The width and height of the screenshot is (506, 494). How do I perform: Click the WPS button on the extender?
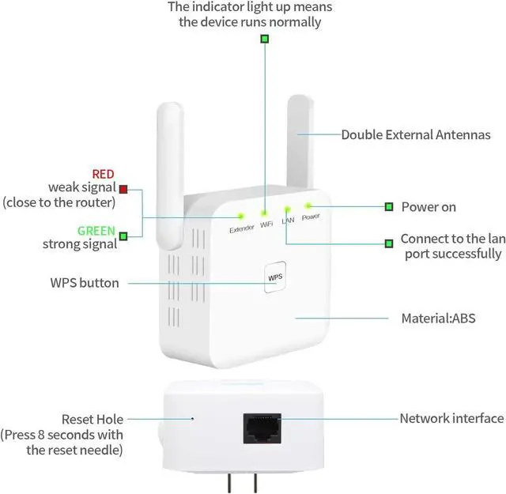pos(274,277)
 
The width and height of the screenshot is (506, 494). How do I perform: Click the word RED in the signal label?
pos(103,174)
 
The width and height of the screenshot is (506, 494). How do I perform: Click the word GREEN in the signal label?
pos(96,232)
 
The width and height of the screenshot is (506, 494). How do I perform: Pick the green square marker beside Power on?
pos(388,207)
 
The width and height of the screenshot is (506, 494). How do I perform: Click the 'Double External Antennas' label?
pos(416,135)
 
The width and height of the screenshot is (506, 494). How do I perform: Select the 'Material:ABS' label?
pos(438,319)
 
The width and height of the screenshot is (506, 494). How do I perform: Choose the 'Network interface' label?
pos(451,419)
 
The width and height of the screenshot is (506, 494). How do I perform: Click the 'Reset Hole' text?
pos(93,419)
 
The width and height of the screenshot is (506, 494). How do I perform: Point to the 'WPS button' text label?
pos(85,283)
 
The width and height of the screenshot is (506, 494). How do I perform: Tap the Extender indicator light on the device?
pos(240,215)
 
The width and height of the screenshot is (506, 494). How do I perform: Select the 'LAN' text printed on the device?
pos(288,221)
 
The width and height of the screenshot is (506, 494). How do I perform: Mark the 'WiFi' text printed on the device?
pos(266,225)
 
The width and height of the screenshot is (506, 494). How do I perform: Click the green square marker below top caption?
pos(265,38)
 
